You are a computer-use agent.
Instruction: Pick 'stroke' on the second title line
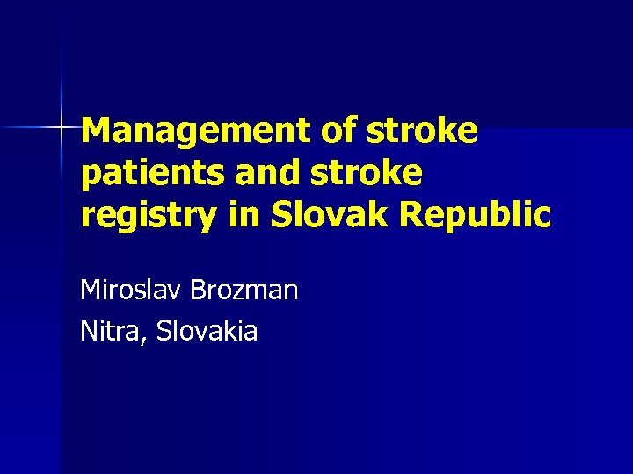pos(364,173)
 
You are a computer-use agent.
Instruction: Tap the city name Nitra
pos(109,331)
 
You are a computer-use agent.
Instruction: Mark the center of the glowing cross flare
pos(62,128)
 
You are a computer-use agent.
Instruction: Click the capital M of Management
pos(95,131)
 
